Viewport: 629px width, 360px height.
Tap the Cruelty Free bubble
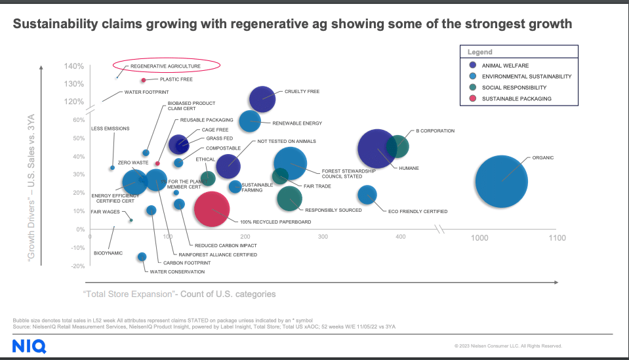click(262, 99)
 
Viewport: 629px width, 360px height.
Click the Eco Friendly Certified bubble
click(367, 194)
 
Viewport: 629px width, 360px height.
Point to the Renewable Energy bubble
click(250, 121)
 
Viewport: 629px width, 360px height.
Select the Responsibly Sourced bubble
click(289, 198)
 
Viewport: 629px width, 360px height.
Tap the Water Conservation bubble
click(142, 256)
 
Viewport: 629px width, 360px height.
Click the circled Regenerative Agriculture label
click(165, 66)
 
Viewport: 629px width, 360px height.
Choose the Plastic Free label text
click(176, 79)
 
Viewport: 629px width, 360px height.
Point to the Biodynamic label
click(108, 252)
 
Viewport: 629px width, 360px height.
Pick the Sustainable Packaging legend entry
click(516, 98)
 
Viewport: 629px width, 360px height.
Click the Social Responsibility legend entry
click(514, 87)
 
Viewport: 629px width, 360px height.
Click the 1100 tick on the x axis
click(556, 238)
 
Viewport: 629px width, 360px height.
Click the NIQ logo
click(24, 345)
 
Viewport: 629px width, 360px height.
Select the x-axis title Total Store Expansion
click(179, 294)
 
